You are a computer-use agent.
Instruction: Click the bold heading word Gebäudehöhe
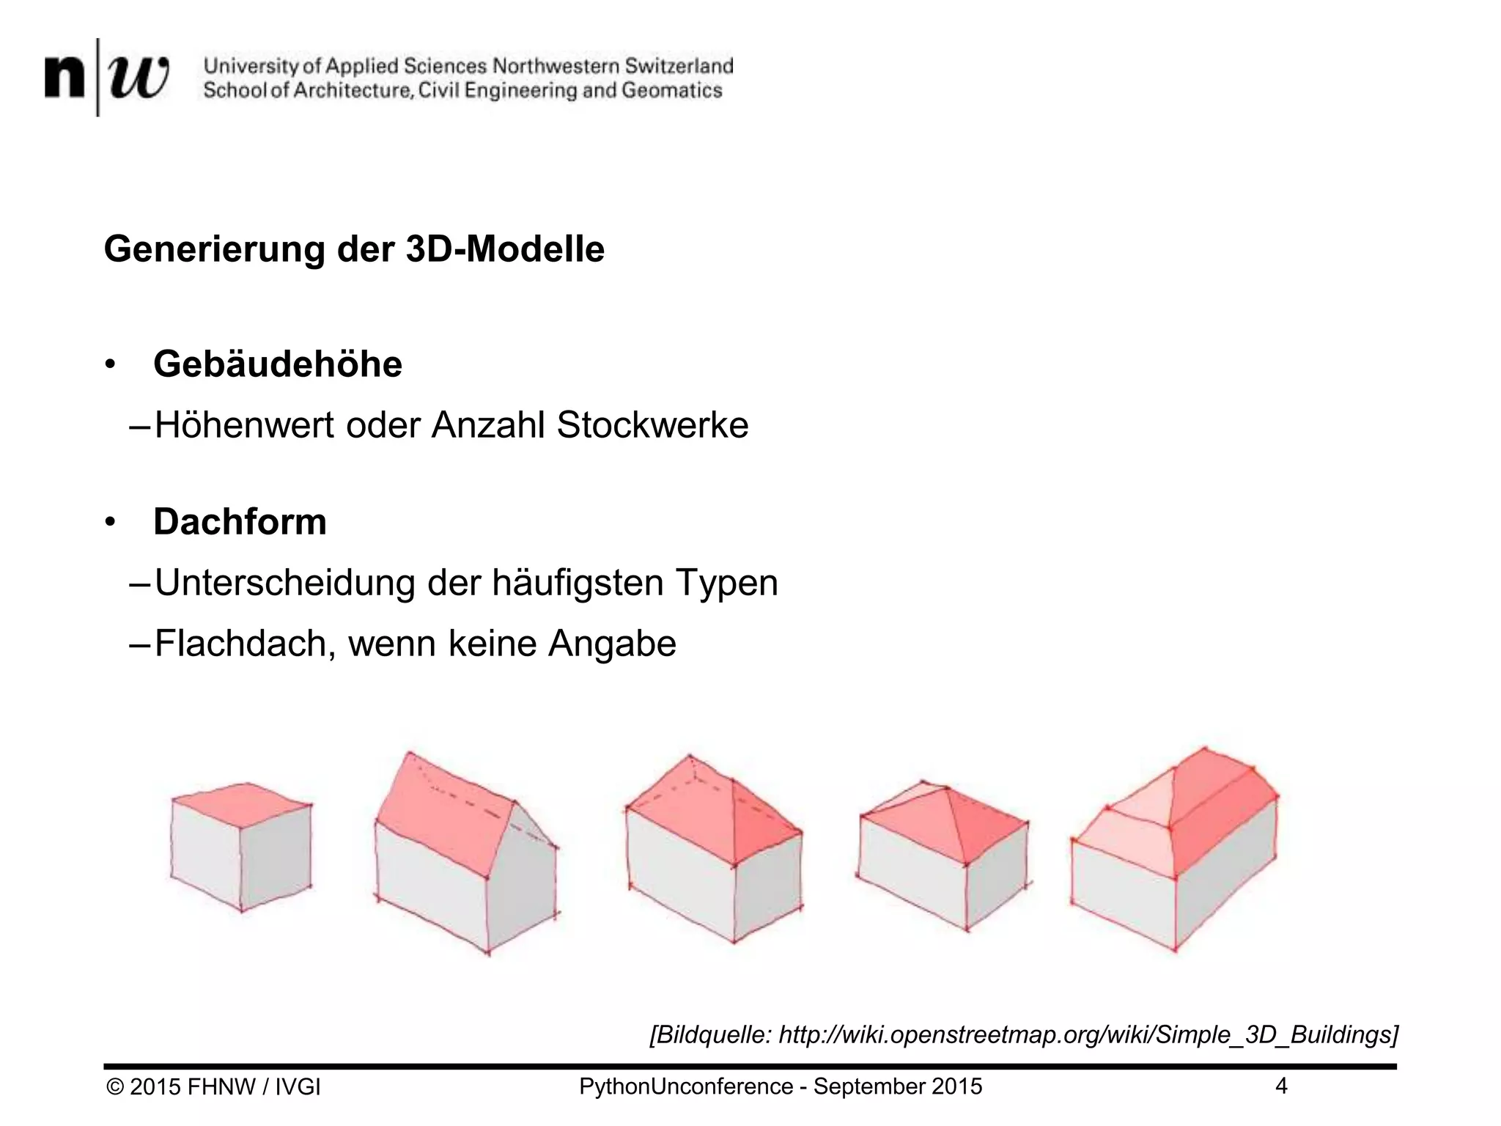tap(278, 364)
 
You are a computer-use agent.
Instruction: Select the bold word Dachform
tap(240, 522)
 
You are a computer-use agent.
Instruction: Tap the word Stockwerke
tap(652, 425)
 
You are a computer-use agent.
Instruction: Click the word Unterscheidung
tap(284, 583)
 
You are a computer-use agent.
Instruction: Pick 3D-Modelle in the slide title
tap(505, 249)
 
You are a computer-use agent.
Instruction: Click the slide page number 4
tap(1281, 1086)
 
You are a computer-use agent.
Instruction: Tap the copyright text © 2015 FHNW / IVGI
tap(213, 1086)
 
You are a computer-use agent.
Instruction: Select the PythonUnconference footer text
tap(780, 1086)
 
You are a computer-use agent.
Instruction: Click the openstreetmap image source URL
tap(1085, 1034)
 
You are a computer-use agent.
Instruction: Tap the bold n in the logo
tap(64, 78)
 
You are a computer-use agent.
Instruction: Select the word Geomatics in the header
tap(672, 90)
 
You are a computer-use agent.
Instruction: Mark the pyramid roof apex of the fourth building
tap(946, 790)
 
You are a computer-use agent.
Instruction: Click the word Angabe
tap(612, 644)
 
